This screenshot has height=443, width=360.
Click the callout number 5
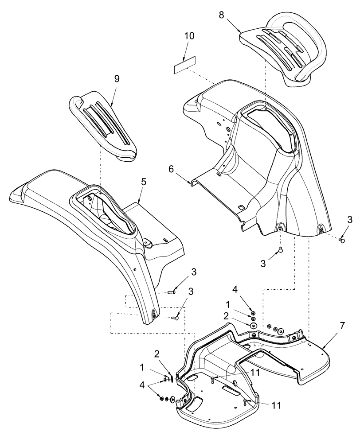[143, 182]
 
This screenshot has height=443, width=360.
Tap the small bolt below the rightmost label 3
[342, 240]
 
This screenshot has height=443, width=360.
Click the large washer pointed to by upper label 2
[254, 326]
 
